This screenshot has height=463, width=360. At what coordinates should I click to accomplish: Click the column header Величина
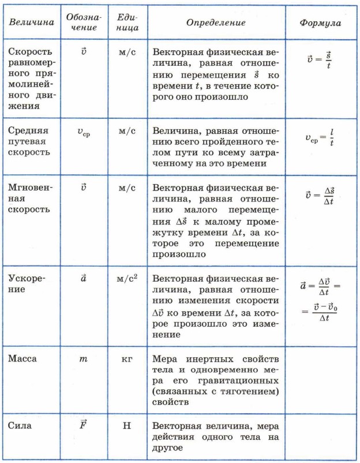coord(32,23)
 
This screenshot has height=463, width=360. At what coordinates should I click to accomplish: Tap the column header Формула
coord(321,23)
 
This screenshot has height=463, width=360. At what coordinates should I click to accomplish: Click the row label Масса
coord(23,359)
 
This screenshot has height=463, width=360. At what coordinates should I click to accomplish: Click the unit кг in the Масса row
coord(127,359)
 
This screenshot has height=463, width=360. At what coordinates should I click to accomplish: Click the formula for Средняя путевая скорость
coord(320,137)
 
